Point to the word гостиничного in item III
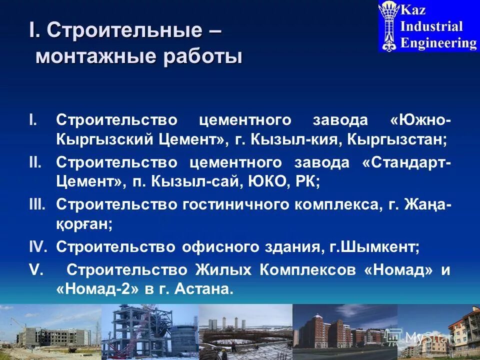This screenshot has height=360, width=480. point(234,204)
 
